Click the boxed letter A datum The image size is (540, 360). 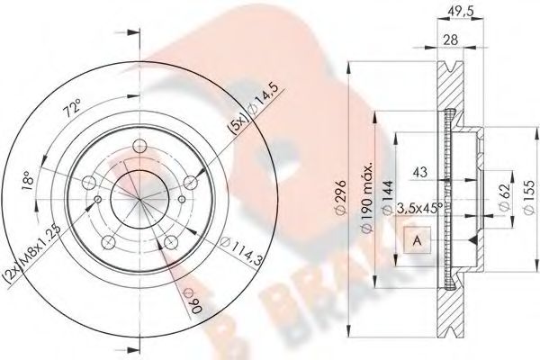pyautogui.click(x=417, y=240)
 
